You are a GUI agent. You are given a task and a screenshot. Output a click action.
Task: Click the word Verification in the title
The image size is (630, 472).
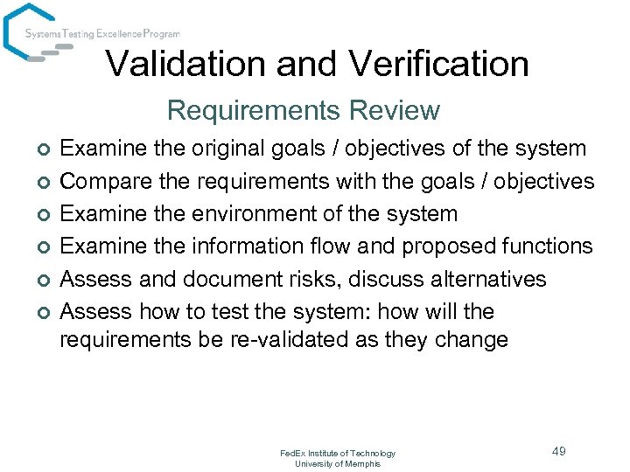point(438,64)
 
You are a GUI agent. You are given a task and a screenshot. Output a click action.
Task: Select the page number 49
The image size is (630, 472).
point(559,451)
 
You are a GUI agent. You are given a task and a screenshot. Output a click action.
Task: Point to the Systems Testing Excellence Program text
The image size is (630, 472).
point(102,34)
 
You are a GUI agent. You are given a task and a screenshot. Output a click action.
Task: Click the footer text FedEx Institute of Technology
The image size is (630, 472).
point(338,453)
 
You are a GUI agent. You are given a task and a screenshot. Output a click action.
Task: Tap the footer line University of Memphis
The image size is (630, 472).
point(338,463)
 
